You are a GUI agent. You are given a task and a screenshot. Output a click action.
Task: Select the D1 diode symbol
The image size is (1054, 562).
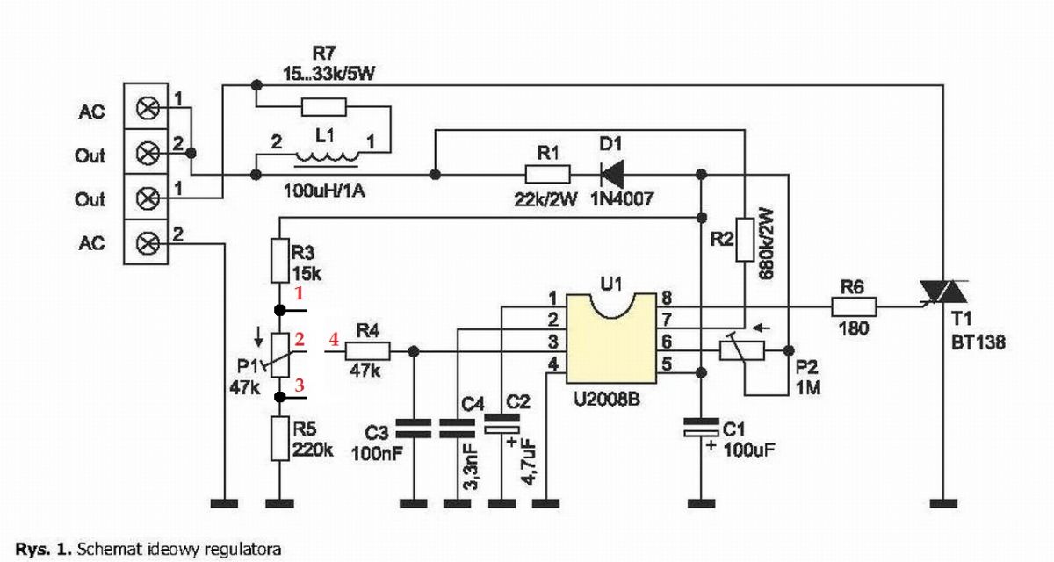(612, 175)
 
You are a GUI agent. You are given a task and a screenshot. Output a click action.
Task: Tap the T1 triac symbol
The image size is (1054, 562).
(943, 292)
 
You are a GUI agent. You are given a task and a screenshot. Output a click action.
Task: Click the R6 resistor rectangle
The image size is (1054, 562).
(854, 307)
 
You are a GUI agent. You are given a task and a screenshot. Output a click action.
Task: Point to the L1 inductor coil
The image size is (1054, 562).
(328, 157)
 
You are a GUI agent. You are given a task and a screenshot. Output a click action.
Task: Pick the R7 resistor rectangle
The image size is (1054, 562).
(324, 107)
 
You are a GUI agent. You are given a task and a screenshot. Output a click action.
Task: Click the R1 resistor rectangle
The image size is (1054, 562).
(548, 175)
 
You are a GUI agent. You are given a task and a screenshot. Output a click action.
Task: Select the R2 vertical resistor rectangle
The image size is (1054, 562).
(745, 240)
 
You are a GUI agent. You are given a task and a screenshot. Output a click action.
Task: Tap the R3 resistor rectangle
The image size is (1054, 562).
(279, 261)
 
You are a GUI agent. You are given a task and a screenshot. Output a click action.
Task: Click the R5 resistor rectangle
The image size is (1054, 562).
(279, 438)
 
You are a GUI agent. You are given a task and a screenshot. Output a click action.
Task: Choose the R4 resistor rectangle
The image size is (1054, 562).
(367, 351)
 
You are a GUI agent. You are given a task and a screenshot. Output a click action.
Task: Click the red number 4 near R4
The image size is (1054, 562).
(334, 339)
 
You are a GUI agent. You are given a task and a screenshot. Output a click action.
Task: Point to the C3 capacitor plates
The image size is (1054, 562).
(414, 429)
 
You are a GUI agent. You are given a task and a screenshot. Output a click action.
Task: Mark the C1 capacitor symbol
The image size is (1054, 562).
(701, 427)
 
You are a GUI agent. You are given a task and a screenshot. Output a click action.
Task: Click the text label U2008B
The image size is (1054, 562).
(607, 400)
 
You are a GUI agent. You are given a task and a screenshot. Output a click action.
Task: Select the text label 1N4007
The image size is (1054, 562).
(622, 199)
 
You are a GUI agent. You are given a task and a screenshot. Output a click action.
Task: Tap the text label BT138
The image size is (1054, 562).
(978, 342)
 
